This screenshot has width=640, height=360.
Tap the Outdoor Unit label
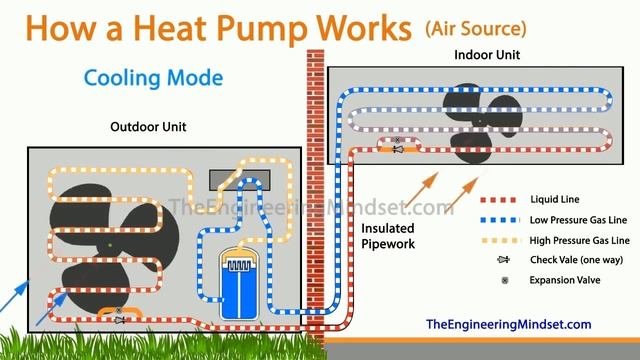(x=149, y=127)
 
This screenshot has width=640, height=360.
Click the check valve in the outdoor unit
(x=119, y=320)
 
